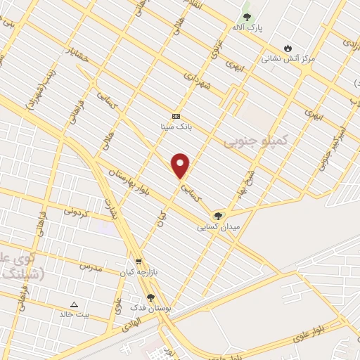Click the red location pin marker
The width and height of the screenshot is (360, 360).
click(181, 166)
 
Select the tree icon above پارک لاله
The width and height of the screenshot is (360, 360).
click(246, 15)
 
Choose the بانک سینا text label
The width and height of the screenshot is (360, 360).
click(176, 127)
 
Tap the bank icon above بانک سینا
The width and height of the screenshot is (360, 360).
click(176, 116)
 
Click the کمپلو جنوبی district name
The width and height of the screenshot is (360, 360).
click(256, 141)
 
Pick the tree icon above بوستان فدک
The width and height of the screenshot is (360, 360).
click(150, 298)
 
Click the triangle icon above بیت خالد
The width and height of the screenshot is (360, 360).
click(75, 304)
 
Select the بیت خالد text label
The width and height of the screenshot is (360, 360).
click(75, 315)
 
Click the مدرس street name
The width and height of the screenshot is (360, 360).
click(91, 268)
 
